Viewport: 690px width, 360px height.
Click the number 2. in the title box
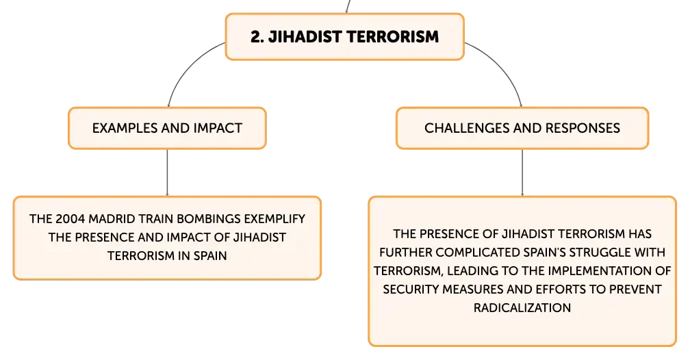point(257,36)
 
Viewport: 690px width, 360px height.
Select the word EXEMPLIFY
point(274,219)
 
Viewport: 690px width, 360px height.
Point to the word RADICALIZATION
point(522,307)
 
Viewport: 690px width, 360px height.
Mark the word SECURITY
point(411,289)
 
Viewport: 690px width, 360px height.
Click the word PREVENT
point(635,289)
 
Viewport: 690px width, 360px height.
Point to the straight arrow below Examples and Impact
point(167,172)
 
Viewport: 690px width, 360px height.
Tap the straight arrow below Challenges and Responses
point(522,172)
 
